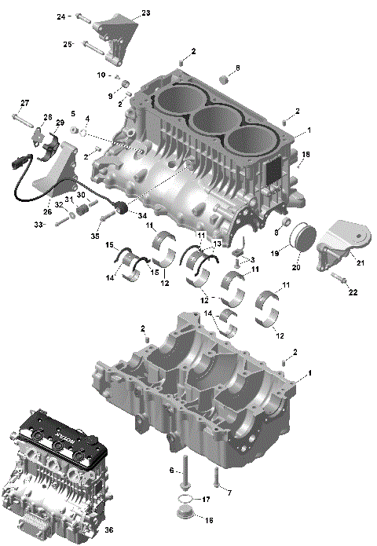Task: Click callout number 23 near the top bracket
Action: coord(145,13)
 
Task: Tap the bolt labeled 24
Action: coord(84,16)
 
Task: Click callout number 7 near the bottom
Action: coord(229,493)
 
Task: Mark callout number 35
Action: coord(95,235)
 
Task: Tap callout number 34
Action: coord(142,215)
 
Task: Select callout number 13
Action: coord(218,244)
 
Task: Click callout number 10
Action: coord(101,75)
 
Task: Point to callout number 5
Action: coord(73,114)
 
